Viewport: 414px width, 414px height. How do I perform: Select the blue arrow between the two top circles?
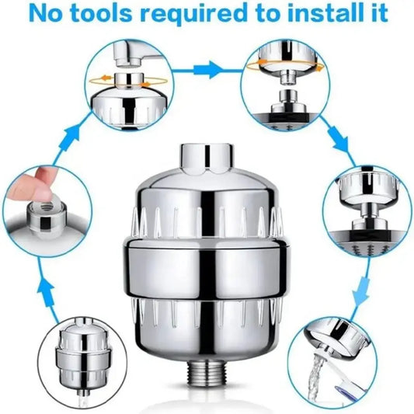(207, 69)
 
